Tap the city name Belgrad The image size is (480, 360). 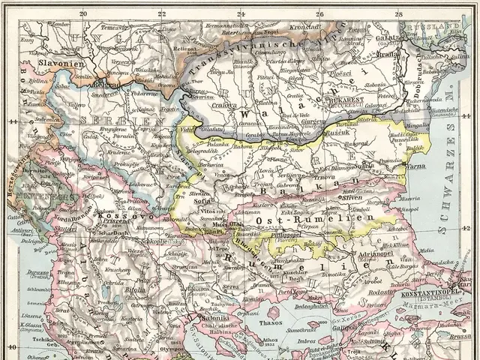pos(100,85)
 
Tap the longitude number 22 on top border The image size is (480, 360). pos(162,13)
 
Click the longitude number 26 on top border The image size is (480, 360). pos(319,13)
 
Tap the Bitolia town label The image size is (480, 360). pos(114,288)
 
